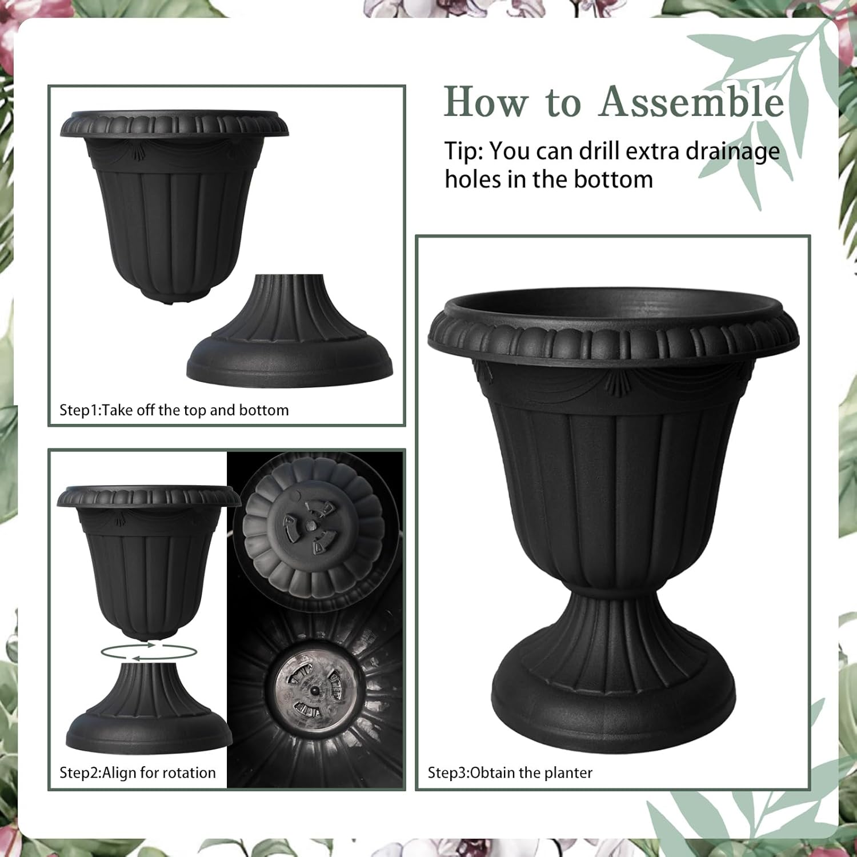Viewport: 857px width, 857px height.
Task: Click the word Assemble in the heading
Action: [x=692, y=102]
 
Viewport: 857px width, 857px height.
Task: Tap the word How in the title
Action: [x=486, y=102]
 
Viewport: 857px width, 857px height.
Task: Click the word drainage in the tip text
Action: [x=732, y=151]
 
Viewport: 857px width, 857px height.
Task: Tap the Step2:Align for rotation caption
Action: [x=138, y=772]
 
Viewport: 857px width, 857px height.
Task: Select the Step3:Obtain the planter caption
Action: [x=510, y=772]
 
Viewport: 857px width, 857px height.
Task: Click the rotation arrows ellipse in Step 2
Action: [x=148, y=651]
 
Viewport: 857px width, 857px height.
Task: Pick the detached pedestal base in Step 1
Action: [x=290, y=337]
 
